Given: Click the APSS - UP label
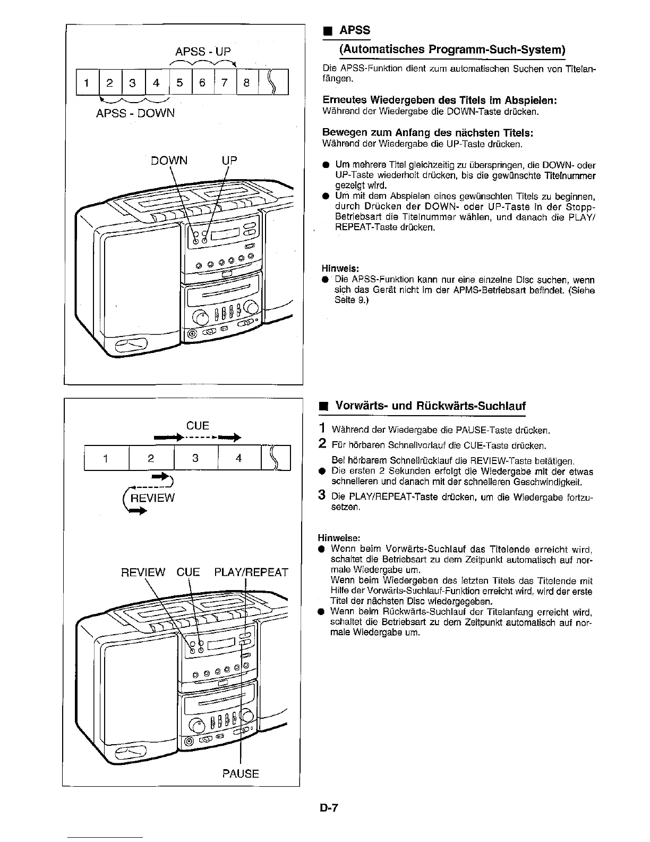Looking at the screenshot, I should [203, 52].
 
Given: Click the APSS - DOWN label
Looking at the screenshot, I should [135, 113].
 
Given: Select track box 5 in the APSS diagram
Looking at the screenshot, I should [179, 82].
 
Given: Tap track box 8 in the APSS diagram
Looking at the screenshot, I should [246, 82].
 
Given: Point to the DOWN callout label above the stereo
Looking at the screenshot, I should [169, 160].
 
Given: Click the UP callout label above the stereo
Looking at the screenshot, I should [229, 160].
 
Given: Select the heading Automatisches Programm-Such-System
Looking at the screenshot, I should [451, 49].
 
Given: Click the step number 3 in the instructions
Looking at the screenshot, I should [321, 495].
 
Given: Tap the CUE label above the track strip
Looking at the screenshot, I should [198, 426].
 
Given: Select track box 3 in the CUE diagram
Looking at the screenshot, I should [195, 458].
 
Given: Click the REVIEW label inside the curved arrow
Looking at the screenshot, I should [152, 498].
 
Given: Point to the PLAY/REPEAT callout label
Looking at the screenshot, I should [251, 572].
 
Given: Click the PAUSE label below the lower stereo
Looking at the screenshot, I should [241, 773].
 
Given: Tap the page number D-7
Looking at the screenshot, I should [329, 809].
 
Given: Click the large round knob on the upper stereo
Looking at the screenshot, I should [200, 317].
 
